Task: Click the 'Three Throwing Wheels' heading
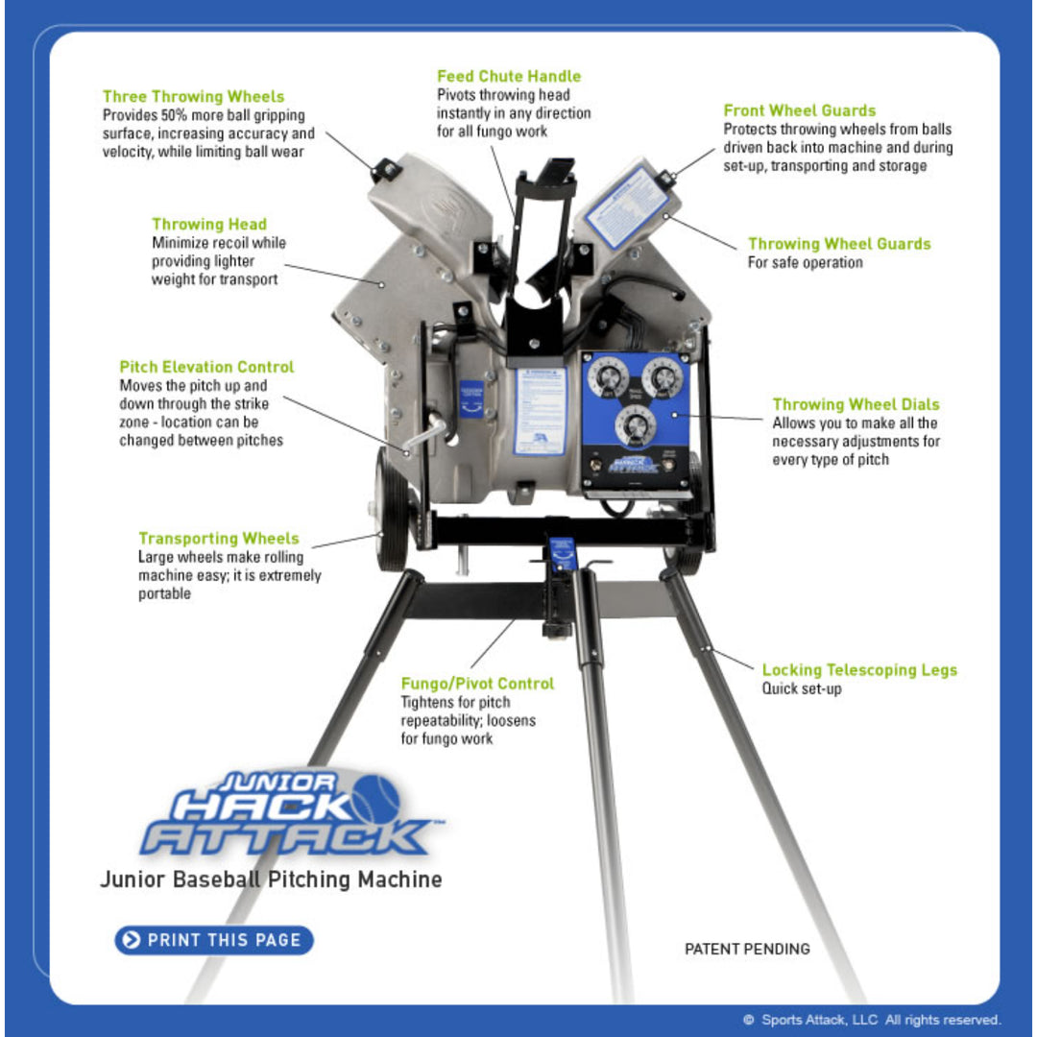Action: (193, 97)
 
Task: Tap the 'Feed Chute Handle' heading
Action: (509, 76)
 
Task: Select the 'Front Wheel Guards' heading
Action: (799, 110)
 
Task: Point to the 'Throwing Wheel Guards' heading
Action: (839, 244)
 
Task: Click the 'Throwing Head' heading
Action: (209, 225)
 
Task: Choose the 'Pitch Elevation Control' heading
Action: (206, 367)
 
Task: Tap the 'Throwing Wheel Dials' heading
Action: (856, 404)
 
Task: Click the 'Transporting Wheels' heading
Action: (219, 539)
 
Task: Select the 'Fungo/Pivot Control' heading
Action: (477, 684)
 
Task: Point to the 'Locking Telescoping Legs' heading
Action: (859, 670)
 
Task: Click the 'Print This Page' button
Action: (214, 940)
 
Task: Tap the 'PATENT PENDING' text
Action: (747, 949)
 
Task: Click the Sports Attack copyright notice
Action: (872, 1020)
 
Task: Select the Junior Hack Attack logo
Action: (288, 814)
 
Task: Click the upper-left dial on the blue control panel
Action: (608, 378)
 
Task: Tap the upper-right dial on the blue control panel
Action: (662, 378)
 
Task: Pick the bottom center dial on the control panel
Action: (635, 423)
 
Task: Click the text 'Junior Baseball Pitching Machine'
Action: (271, 880)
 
